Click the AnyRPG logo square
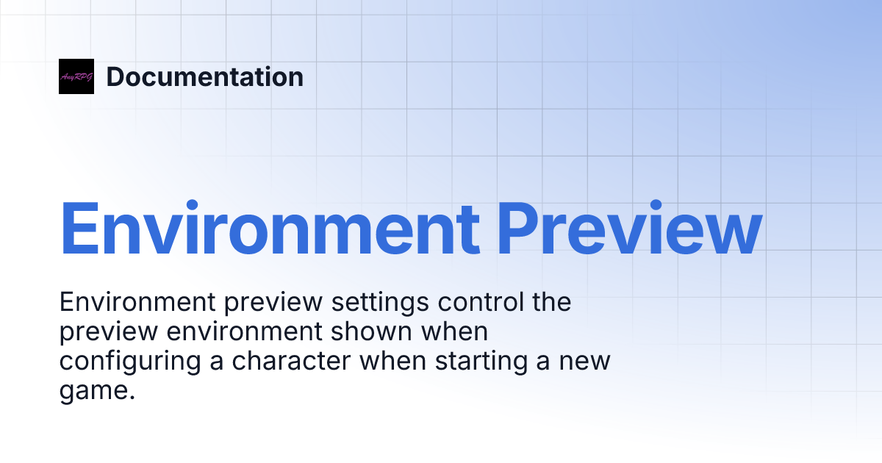76,76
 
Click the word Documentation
204,76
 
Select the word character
287,362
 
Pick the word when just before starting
403,362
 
